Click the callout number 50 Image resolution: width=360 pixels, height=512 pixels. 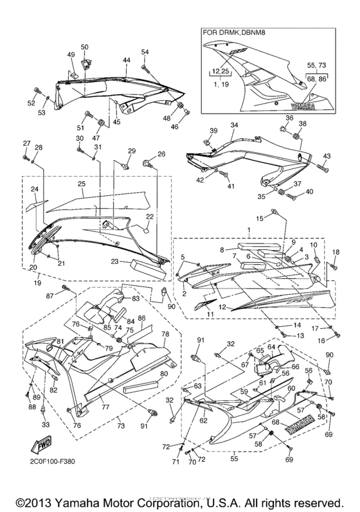pos(85,47)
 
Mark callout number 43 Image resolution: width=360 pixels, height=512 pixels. pos(326,156)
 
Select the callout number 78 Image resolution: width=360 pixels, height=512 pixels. pos(165,334)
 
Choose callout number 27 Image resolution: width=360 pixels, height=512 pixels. pos(26,143)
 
